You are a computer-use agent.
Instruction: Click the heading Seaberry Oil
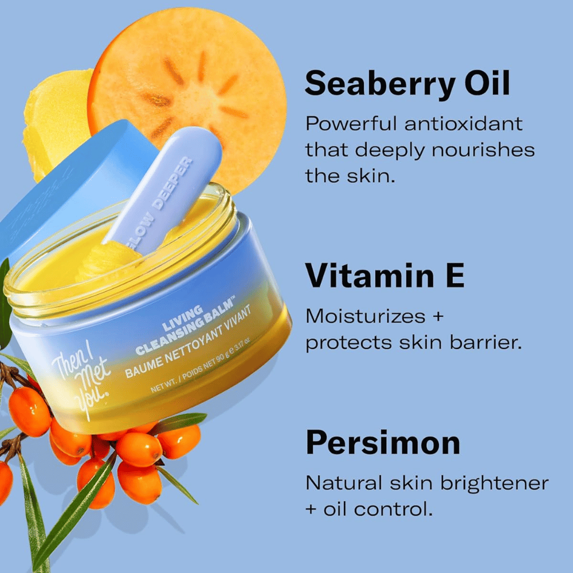tap(407, 84)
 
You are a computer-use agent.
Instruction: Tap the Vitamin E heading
tap(384, 275)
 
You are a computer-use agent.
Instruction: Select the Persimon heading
tap(382, 443)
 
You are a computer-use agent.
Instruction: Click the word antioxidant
tap(464, 124)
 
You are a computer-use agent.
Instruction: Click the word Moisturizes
tap(365, 316)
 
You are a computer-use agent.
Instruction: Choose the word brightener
tap(494, 483)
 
